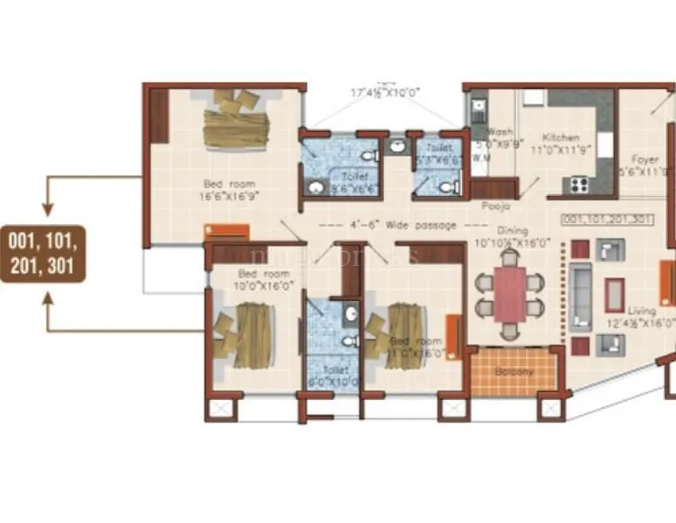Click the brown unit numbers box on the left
(43, 254)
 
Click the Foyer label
(646, 166)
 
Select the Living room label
(643, 315)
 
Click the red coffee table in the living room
(615, 295)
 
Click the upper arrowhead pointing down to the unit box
(48, 209)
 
